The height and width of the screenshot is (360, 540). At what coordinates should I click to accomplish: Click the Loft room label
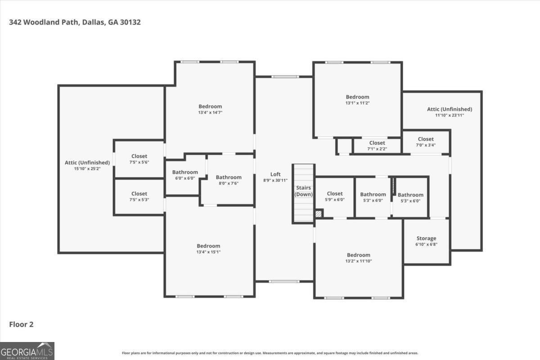pyautogui.click(x=275, y=174)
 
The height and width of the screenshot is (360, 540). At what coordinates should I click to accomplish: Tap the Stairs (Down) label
pyautogui.click(x=303, y=191)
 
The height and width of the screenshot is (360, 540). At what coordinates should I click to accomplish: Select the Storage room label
pyautogui.click(x=426, y=238)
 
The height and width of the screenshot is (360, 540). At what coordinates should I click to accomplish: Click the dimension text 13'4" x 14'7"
pyautogui.click(x=210, y=112)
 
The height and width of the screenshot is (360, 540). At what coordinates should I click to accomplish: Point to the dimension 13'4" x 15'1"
pyautogui.click(x=208, y=252)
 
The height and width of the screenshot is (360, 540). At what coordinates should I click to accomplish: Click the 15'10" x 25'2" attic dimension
pyautogui.click(x=87, y=169)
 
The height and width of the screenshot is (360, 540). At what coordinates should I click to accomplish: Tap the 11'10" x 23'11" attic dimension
pyautogui.click(x=450, y=115)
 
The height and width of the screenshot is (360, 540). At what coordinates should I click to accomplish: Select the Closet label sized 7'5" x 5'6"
pyautogui.click(x=139, y=156)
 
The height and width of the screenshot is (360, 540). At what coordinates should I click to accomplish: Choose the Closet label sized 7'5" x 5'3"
pyautogui.click(x=139, y=193)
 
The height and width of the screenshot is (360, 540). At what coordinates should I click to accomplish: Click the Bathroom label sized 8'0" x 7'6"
pyautogui.click(x=229, y=177)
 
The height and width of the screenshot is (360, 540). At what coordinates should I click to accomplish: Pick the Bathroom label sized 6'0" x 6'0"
pyautogui.click(x=185, y=172)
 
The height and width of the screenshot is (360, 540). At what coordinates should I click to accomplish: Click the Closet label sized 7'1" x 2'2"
pyautogui.click(x=377, y=143)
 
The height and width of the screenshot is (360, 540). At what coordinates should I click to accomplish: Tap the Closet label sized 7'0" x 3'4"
pyautogui.click(x=426, y=139)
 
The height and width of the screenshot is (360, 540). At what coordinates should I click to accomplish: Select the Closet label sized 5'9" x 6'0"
pyautogui.click(x=335, y=193)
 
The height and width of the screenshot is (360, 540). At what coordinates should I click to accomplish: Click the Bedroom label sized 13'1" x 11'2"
pyautogui.click(x=357, y=97)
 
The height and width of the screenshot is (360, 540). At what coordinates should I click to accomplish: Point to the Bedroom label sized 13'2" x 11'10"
pyautogui.click(x=359, y=255)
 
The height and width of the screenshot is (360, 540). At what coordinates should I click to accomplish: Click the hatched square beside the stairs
pyautogui.click(x=319, y=214)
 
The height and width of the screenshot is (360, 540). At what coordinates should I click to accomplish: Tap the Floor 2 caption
pyautogui.click(x=21, y=324)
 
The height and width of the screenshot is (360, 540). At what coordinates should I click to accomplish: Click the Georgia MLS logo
pyautogui.click(x=27, y=351)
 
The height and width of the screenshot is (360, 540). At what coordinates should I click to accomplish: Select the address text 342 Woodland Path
pyautogui.click(x=44, y=22)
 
